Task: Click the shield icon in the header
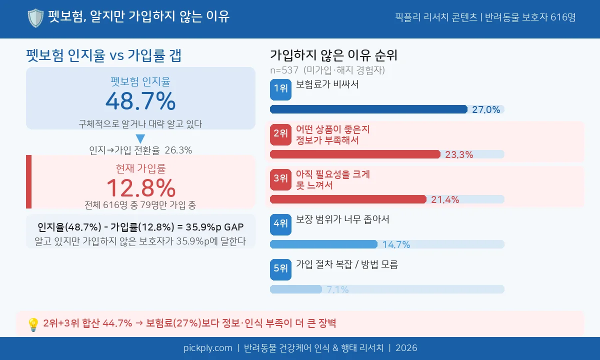[35, 18]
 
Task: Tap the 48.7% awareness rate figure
[140, 101]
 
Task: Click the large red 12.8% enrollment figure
[140, 188]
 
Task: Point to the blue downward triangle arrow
[140, 139]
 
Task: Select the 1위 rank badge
[280, 89]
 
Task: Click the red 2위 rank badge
[280, 134]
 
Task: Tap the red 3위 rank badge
[280, 178]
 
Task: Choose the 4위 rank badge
[280, 224]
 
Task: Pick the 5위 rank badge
[280, 269]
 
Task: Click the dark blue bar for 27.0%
[368, 109]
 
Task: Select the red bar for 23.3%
[355, 154]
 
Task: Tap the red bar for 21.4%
[348, 199]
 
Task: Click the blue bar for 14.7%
[323, 244]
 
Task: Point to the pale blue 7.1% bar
[296, 289]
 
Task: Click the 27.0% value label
[486, 110]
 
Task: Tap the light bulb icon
[33, 324]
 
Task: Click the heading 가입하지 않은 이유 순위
[333, 55]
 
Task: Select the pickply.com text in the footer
[207, 348]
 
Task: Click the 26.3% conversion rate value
[178, 150]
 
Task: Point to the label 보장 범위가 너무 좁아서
[342, 219]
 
